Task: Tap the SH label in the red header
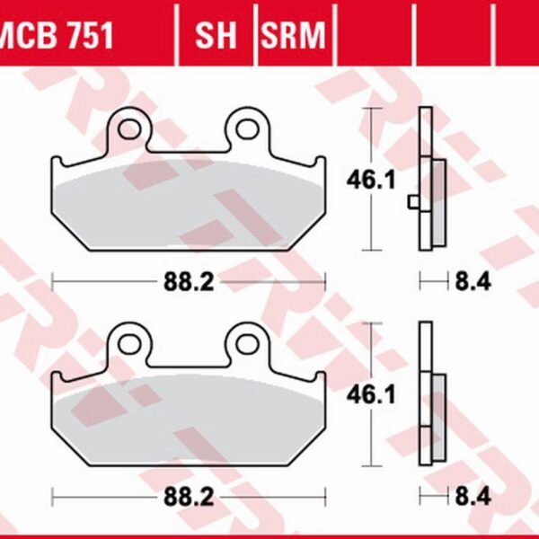point(215,37)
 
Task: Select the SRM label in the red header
point(292,37)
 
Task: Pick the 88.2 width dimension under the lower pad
point(188,497)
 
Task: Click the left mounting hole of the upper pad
point(128,128)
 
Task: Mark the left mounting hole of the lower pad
point(128,343)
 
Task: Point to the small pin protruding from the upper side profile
point(412,202)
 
